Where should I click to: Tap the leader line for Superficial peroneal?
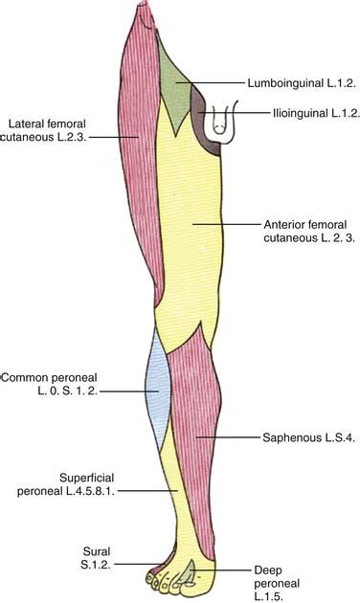tap(157, 490)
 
